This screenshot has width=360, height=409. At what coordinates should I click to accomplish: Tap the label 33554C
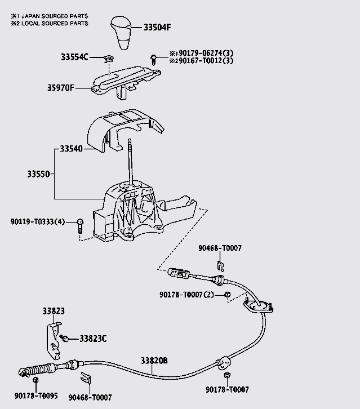coord(75,57)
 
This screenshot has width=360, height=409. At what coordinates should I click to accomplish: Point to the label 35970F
coord(60,87)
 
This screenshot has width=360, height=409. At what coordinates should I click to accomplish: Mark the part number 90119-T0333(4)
coord(38,221)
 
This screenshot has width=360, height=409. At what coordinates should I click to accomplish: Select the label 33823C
coord(92,338)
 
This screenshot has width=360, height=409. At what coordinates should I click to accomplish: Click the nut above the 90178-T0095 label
coord(35,381)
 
